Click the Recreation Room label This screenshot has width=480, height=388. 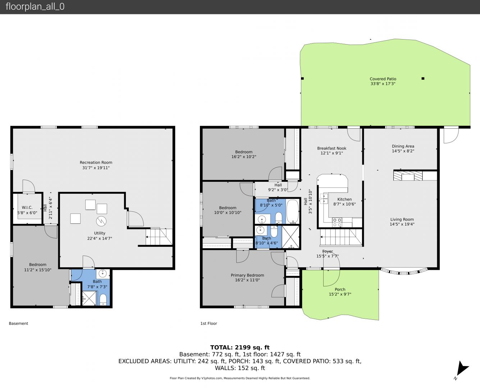[96, 162]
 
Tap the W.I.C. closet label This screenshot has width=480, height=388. [27, 207]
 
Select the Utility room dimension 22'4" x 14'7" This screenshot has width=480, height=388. [100, 238]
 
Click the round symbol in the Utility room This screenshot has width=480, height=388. [101, 221]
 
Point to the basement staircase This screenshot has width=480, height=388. [159, 237]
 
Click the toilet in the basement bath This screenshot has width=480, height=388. [103, 300]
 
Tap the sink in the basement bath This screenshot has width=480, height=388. [103, 274]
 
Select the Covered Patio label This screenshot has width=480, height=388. [383, 79]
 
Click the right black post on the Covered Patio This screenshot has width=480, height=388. [423, 78]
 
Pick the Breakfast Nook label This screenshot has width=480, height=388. [332, 148]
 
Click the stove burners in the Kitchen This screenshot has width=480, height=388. [337, 222]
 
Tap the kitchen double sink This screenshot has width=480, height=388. [324, 198]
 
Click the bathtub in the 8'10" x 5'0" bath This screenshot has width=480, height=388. [293, 211]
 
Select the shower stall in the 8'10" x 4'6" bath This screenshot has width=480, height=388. [291, 237]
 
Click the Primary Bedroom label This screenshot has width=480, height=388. [247, 275]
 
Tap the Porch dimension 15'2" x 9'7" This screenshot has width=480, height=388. [340, 294]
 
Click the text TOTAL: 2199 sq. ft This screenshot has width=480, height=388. [240, 347]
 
